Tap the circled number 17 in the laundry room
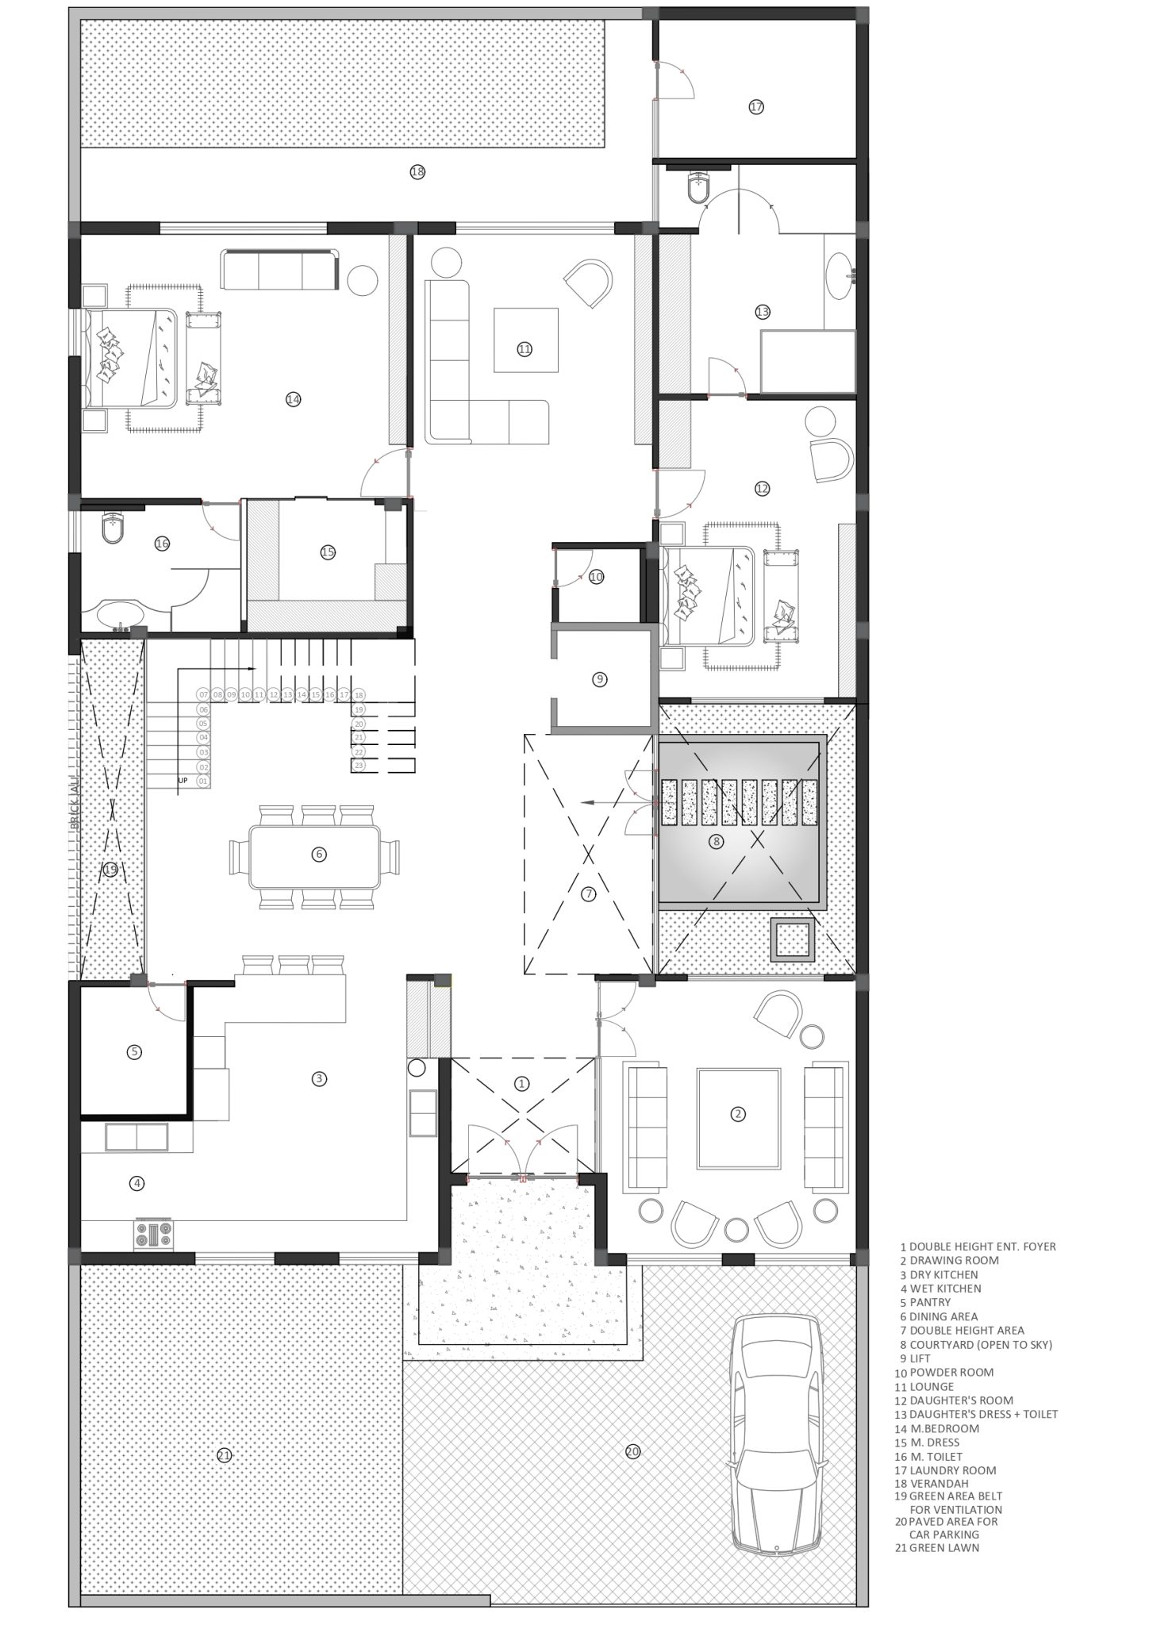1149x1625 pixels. click(755, 106)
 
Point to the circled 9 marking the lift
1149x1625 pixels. click(600, 679)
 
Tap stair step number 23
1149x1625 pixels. click(359, 766)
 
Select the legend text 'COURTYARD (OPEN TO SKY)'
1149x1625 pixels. click(981, 1344)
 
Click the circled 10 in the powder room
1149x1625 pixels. click(597, 577)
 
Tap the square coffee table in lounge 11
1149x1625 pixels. click(525, 340)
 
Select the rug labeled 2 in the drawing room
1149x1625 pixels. click(738, 1119)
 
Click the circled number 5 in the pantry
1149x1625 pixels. click(134, 1052)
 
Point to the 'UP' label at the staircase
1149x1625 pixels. click(183, 781)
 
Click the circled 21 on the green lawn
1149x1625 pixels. click(224, 1455)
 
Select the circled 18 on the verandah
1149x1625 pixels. click(417, 171)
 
